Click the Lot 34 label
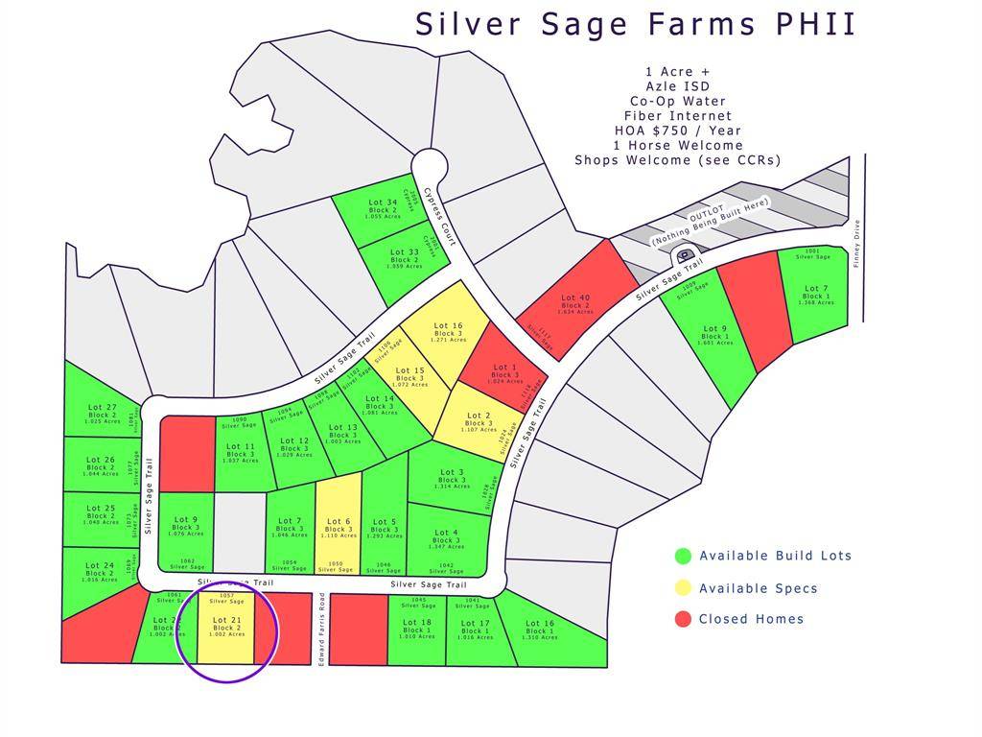coord(383,202)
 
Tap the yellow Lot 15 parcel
coord(409,375)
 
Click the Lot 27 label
coord(101,407)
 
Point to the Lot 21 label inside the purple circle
coord(227,620)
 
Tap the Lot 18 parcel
coord(416,629)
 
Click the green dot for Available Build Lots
coord(683,556)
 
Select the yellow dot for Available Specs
coord(683,587)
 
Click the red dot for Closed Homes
coord(683,619)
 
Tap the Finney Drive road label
coord(857,244)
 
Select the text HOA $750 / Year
coord(677,131)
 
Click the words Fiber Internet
coord(677,116)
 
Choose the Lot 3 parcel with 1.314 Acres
coord(450,478)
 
